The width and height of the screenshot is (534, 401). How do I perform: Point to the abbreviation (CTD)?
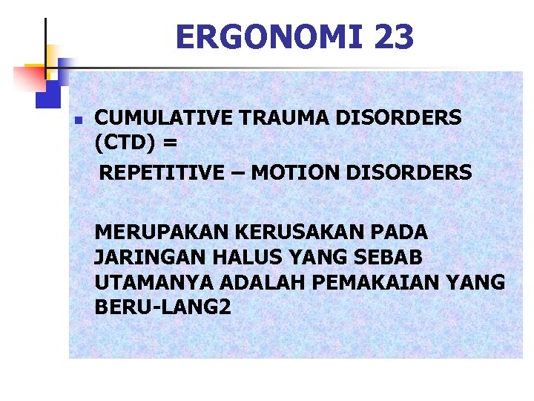tap(121, 140)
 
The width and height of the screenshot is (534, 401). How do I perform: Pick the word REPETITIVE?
tap(162, 173)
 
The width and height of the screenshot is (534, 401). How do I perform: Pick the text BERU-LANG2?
tap(162, 307)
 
